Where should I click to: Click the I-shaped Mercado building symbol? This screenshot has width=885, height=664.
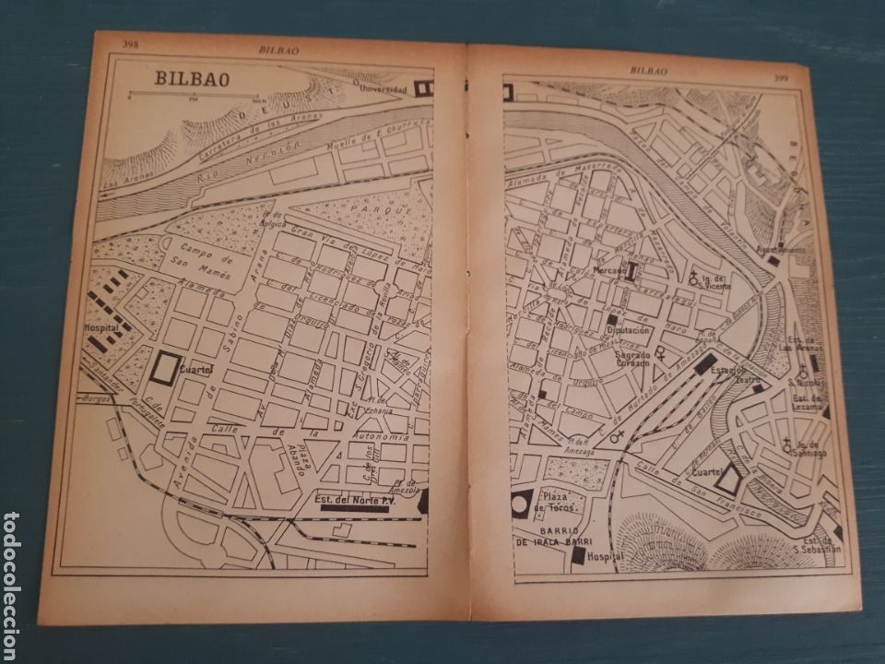(x=632, y=270)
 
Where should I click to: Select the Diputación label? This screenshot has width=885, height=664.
(x=629, y=329)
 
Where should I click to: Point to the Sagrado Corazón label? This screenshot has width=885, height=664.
(x=630, y=358)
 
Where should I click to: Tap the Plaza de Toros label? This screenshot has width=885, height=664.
(x=560, y=502)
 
